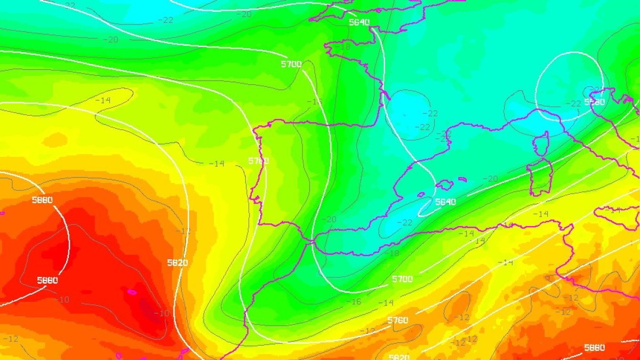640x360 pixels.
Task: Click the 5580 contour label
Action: pyautogui.click(x=594, y=101)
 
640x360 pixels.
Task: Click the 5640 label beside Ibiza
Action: pyautogui.click(x=445, y=202)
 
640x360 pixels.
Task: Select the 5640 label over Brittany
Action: pyautogui.click(x=359, y=22)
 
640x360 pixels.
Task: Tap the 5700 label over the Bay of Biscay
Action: pyautogui.click(x=291, y=64)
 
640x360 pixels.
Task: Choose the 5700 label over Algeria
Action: pyautogui.click(x=402, y=279)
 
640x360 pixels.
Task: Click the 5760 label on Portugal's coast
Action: pyautogui.click(x=259, y=161)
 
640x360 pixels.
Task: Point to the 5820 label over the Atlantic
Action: pyautogui.click(x=177, y=262)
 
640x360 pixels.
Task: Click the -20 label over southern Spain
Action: pyautogui.click(x=331, y=219)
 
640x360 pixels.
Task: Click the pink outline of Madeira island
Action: pyautogui.click(x=132, y=292)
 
